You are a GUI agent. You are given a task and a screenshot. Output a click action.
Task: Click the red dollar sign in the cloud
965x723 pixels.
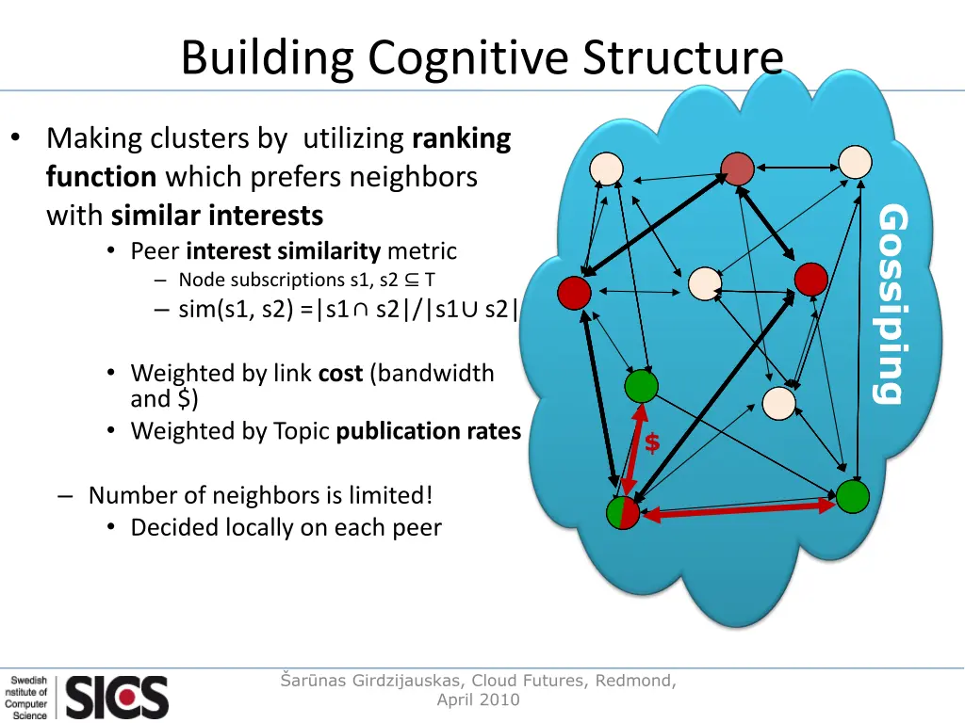pyautogui.click(x=652, y=443)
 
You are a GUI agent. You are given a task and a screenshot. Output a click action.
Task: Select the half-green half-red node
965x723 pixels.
pyautogui.click(x=622, y=513)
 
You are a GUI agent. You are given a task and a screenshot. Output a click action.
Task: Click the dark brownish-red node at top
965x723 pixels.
pyautogui.click(x=738, y=169)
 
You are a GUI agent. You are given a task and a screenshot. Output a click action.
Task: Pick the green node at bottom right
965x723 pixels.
pyautogui.click(x=853, y=496)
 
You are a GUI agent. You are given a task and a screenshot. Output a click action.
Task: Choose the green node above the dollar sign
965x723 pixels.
pyautogui.click(x=641, y=386)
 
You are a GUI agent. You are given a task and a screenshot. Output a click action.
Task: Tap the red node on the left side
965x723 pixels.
pyautogui.click(x=574, y=294)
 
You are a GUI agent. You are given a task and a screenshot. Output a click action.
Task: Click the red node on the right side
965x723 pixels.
pyautogui.click(x=810, y=279)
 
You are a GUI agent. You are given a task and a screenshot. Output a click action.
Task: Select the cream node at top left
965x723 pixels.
pyautogui.click(x=607, y=169)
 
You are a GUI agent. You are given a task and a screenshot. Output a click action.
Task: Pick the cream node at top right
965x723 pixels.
pyautogui.click(x=856, y=162)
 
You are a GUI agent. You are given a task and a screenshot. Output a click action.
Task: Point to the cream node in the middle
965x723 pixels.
pyautogui.click(x=705, y=284)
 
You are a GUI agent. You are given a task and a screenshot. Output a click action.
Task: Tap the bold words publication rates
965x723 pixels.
pyautogui.click(x=428, y=431)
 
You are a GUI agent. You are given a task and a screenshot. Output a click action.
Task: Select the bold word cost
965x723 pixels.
pyautogui.click(x=340, y=374)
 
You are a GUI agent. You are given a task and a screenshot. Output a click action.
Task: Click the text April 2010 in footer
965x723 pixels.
pyautogui.click(x=478, y=699)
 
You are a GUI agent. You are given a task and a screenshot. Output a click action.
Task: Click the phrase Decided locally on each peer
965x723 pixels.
pyautogui.click(x=286, y=527)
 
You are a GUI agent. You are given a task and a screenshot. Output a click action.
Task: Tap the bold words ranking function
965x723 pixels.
pyautogui.click(x=461, y=139)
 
